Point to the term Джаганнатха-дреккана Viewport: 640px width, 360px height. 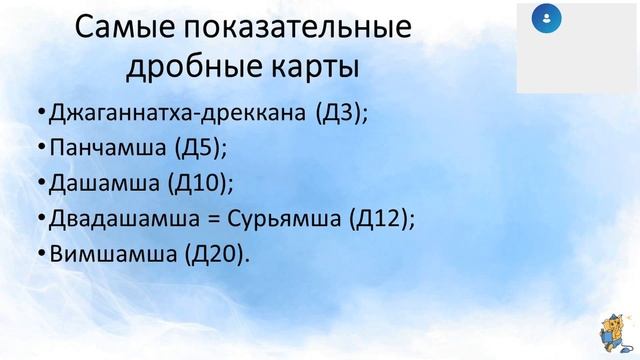[175, 113]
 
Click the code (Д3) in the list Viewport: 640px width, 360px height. [340, 113]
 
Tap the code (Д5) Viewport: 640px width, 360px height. [199, 148]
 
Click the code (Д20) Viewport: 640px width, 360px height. [213, 254]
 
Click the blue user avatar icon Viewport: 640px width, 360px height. [547, 18]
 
